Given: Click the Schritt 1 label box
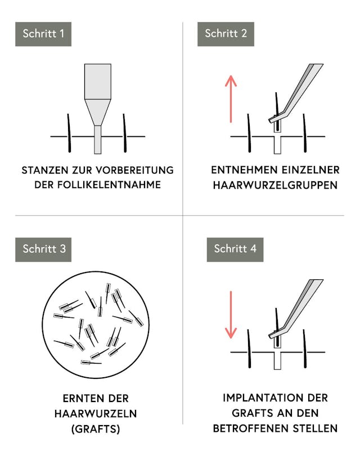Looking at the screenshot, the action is coord(43,34).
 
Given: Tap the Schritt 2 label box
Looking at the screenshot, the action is coord(226,34).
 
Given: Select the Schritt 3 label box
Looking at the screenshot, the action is coord(43,249).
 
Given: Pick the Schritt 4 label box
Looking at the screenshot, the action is coord(235,249).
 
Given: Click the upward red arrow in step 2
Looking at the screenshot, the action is coord(231,99).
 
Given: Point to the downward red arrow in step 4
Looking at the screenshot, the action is coord(231,315).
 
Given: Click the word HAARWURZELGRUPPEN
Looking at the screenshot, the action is coord(275,185).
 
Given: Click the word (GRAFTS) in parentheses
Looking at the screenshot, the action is coord(96,429).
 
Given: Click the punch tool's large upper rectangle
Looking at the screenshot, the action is coord(98,82).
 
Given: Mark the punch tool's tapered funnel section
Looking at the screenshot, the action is coord(98,113).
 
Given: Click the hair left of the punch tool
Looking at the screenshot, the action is coord(69,133).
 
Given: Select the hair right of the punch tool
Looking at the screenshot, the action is coord(124,133).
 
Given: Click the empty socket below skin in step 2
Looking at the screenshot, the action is coord(277,145).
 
